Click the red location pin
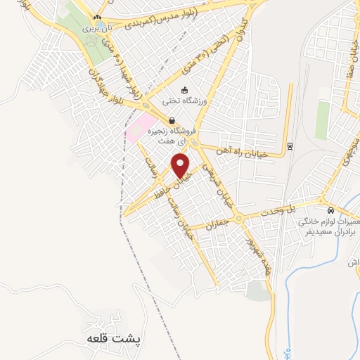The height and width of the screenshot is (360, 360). pyautogui.click(x=181, y=165)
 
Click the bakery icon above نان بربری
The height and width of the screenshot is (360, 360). pyautogui.click(x=98, y=16)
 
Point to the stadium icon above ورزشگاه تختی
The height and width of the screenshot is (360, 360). pyautogui.click(x=184, y=89)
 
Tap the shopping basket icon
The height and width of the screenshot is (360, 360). pyautogui.click(x=172, y=120)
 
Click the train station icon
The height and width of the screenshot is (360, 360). pyautogui.click(x=289, y=146)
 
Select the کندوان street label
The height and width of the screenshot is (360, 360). pyautogui.click(x=237, y=35)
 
